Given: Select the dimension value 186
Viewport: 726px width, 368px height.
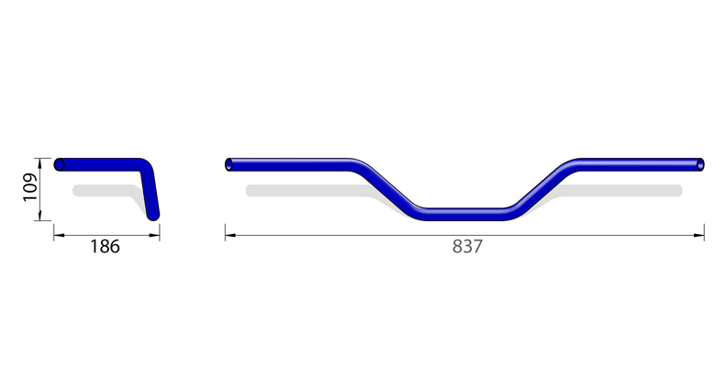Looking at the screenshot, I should point(106,247).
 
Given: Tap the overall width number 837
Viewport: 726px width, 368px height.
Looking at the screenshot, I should point(466,247).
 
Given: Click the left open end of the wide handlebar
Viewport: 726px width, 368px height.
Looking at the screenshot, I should point(229,165).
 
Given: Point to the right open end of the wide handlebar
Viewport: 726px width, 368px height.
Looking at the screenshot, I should point(700,165).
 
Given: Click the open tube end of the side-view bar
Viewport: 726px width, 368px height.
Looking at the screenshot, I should point(60,164).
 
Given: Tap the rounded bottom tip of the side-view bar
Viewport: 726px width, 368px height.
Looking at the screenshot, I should point(154,215).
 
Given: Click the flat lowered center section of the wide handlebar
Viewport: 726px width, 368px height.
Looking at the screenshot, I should point(464,214).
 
